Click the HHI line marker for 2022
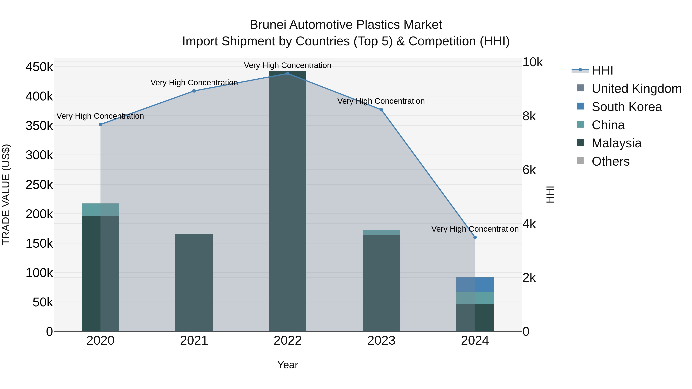(288, 74)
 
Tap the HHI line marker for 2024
(475, 237)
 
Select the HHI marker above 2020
(101, 124)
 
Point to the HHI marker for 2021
(194, 91)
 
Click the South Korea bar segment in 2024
(475, 284)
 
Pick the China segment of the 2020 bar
(101, 210)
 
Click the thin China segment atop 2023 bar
(381, 232)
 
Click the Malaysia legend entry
(616, 143)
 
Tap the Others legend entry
(610, 161)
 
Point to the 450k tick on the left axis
(39, 67)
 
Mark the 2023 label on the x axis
(381, 341)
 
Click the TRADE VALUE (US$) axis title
(6, 194)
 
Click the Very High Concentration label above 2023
(381, 101)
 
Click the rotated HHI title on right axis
(550, 194)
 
